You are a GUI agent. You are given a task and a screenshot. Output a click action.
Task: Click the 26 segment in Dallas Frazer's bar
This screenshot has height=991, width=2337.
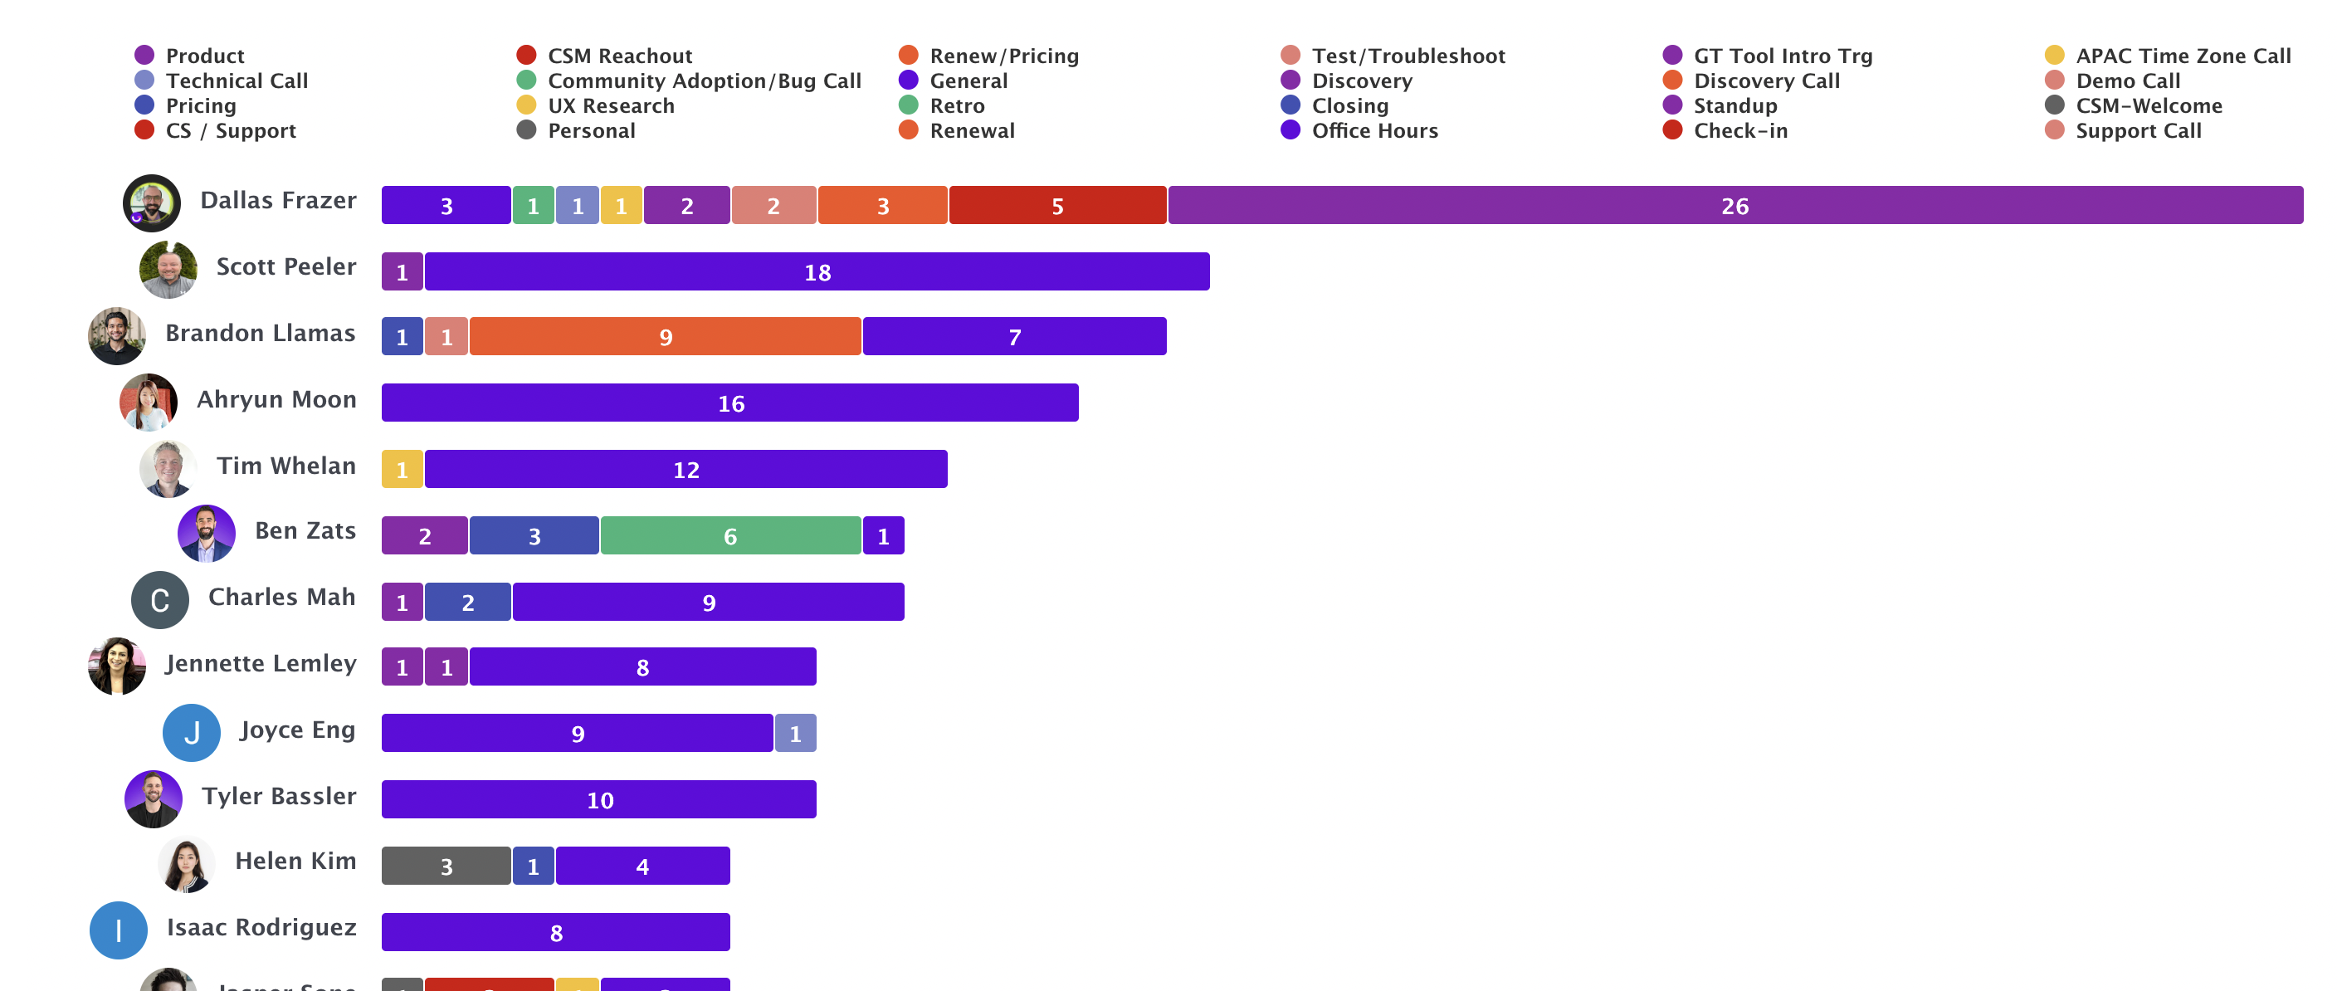pos(1734,206)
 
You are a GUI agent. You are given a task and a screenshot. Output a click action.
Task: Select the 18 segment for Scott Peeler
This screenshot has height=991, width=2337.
pos(817,272)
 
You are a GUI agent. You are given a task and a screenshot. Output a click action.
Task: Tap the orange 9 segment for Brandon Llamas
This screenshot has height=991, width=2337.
pos(665,338)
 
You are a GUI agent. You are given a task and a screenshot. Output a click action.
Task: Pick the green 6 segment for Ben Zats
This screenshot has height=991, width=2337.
pos(730,536)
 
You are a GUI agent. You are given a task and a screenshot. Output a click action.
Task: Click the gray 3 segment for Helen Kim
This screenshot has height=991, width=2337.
pos(446,867)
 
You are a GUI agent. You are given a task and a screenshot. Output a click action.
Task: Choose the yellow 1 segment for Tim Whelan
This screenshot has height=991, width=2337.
pos(402,470)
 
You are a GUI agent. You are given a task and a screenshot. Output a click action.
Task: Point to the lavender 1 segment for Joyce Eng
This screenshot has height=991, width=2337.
pos(795,733)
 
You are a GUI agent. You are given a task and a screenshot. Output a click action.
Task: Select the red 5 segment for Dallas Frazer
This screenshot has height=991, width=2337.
pos(1057,206)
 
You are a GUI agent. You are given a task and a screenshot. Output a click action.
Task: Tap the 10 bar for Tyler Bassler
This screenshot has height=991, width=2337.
pos(598,800)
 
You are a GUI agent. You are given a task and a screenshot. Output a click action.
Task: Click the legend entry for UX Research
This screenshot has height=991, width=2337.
pos(611,106)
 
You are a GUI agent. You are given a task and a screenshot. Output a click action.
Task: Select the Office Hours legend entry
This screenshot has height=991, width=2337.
pos(1373,130)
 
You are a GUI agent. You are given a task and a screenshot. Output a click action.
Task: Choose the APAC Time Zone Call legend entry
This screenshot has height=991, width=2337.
pos(2182,56)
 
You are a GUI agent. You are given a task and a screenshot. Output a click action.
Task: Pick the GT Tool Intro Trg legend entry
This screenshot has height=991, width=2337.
pos(1782,56)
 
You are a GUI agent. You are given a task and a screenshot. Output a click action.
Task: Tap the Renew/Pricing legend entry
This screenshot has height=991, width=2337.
pos(1003,56)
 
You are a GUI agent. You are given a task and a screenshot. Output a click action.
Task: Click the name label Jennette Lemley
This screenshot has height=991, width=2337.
pos(261,663)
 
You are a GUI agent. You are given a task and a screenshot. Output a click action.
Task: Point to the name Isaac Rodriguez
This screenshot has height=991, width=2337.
pos(261,927)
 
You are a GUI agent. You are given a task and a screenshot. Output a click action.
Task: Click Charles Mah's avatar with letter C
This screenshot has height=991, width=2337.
pos(159,600)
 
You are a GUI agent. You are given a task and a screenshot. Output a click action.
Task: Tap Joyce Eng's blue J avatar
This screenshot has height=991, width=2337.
pos(192,732)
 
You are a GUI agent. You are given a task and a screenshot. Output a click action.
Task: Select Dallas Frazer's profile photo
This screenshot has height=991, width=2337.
pos(152,203)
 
